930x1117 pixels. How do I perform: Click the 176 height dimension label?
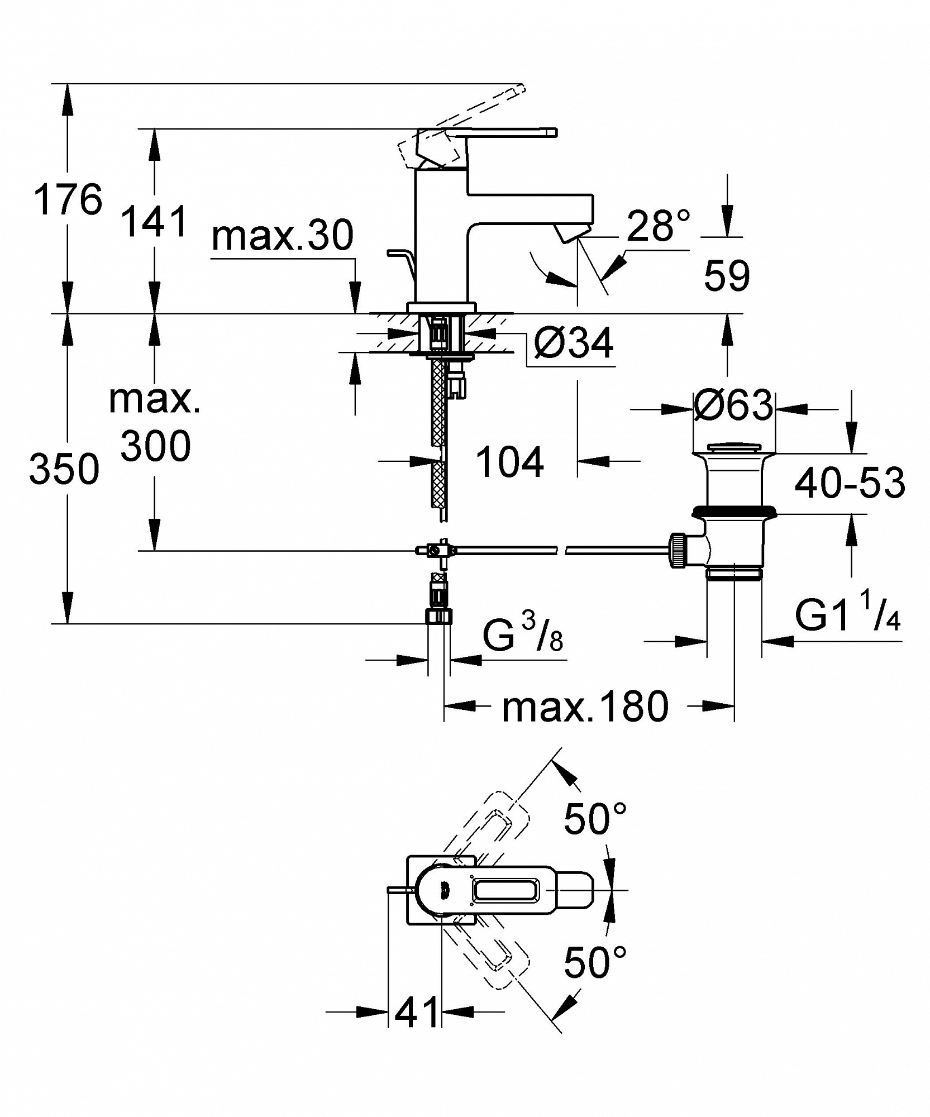coord(68,199)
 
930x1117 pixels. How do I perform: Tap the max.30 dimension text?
coord(283,235)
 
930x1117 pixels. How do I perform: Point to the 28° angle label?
coord(659,226)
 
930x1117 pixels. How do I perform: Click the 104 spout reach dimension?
coord(510,462)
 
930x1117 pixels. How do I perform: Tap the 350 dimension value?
coord(64,469)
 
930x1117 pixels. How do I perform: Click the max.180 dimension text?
coord(585,707)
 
